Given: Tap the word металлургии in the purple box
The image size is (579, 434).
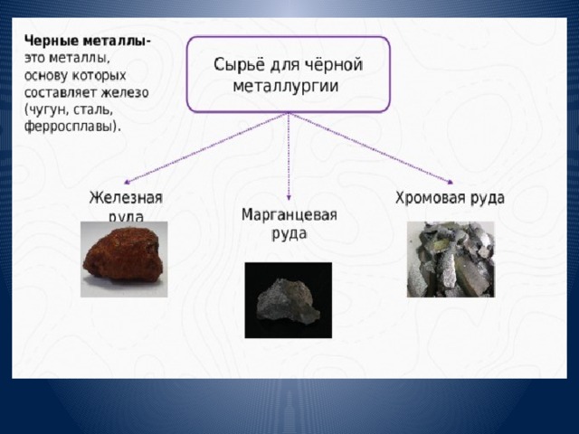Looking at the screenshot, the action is click(286, 87).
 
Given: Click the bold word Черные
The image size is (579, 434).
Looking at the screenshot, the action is click(51, 41).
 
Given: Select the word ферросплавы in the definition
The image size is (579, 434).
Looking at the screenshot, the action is click(70, 127).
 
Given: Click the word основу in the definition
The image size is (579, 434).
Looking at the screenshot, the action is click(46, 76).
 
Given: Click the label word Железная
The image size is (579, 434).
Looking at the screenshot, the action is click(126, 198).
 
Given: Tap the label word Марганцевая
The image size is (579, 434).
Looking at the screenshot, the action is click(289, 214).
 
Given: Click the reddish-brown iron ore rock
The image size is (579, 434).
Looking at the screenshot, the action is click(123, 255).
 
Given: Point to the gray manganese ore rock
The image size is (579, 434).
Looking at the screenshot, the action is click(288, 300).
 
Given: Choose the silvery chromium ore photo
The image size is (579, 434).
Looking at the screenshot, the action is click(451, 259).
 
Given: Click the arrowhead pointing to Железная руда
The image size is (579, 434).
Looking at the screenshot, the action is click(127, 182).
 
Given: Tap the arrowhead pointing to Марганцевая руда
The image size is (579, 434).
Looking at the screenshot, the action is click(289, 198).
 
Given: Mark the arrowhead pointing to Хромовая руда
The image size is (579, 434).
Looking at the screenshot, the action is click(451, 182).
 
